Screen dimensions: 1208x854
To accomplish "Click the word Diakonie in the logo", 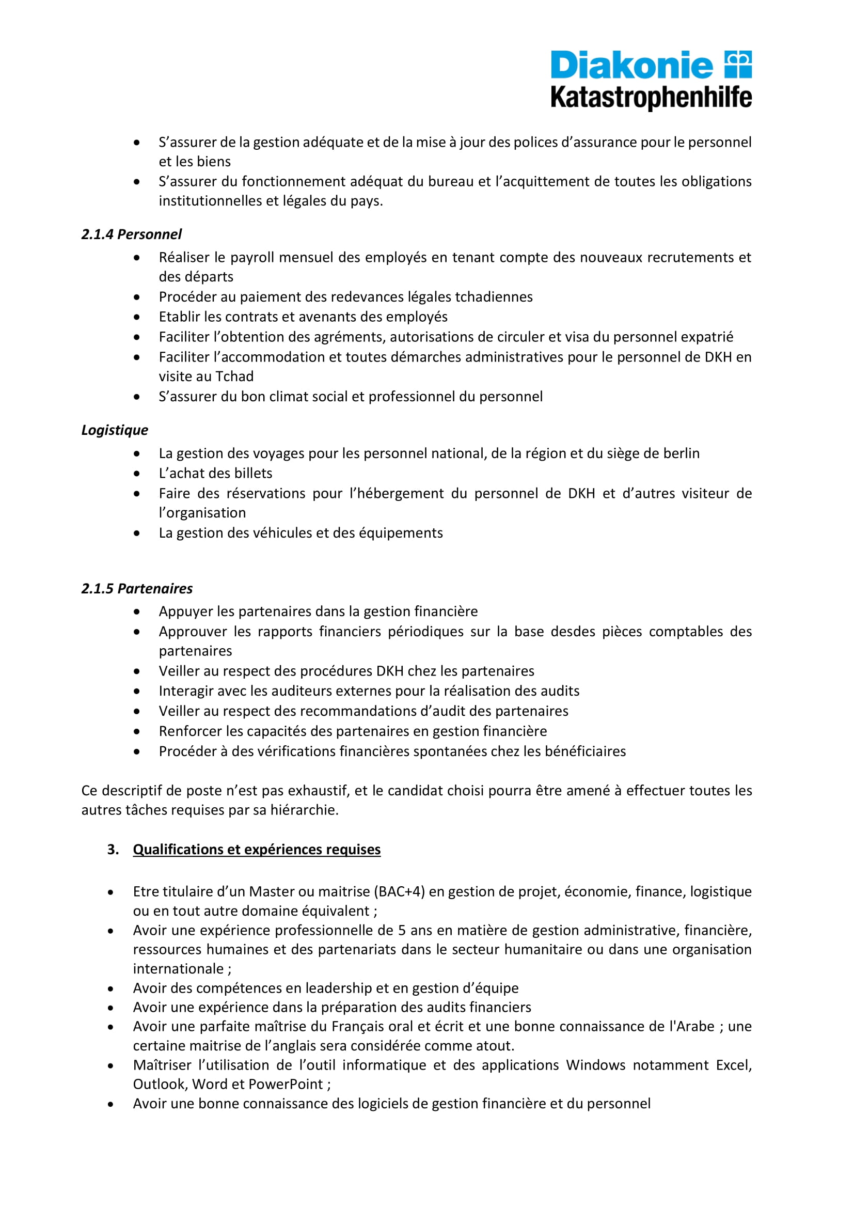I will [x=631, y=66].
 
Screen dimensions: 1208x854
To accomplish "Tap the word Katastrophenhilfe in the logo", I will [x=651, y=98].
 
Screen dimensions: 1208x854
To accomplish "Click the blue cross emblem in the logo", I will [x=738, y=64].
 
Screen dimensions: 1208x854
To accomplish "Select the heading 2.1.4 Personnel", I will [x=132, y=234].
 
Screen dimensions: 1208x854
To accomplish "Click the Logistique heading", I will [x=115, y=430].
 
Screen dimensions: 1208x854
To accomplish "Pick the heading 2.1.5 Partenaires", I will [x=137, y=588].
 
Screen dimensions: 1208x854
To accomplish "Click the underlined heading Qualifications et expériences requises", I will [x=257, y=849].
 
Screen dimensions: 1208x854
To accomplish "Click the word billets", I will [x=251, y=473].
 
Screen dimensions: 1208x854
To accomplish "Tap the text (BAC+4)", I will [x=399, y=891].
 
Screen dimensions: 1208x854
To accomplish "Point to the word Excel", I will [x=733, y=1065].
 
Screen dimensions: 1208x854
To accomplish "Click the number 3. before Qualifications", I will [x=113, y=849].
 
